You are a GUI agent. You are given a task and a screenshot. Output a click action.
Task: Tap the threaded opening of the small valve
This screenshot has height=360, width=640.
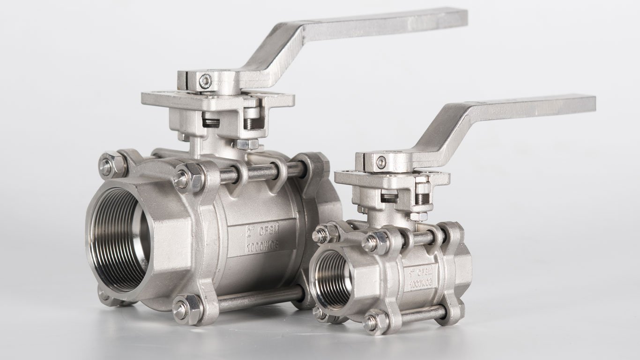[x=332, y=279]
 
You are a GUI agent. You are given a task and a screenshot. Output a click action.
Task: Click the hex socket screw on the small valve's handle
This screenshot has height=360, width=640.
[x=381, y=162]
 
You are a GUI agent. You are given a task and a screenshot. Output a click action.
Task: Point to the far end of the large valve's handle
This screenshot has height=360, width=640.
[x=457, y=17]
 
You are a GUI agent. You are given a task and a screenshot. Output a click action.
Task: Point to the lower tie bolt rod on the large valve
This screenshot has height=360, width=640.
[x=260, y=299]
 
